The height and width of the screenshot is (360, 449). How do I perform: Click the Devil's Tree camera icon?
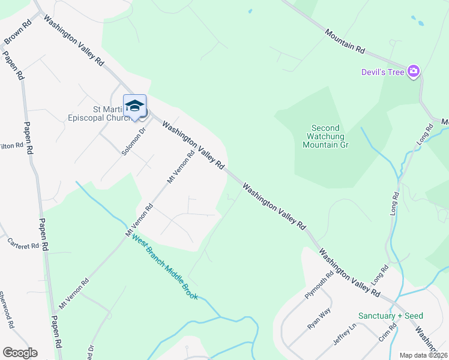pos(413,72)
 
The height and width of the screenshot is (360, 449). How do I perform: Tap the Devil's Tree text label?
pos(383,72)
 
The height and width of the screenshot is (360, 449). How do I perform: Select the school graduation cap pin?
pos(134,106)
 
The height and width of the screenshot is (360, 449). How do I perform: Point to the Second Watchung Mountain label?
pos(325,136)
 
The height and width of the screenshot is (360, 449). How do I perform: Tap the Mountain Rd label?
pos(345,41)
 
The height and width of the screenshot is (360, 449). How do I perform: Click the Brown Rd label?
pos(17,34)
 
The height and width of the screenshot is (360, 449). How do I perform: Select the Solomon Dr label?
pos(134,142)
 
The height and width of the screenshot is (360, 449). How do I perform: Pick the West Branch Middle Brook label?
pos(164,268)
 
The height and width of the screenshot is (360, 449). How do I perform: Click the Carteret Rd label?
pos(23,243)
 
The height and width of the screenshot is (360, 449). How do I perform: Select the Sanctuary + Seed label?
pos(390,316)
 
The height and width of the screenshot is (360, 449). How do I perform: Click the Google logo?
pos(20,353)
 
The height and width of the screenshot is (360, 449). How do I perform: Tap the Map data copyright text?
pos(424,355)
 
